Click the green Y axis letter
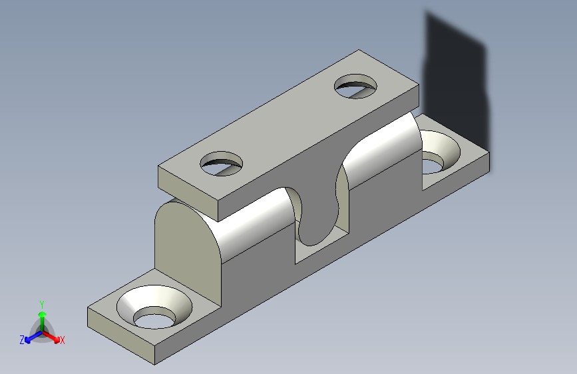(42, 304)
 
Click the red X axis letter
(62, 340)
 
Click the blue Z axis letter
(22, 340)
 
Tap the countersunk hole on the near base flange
(154, 307)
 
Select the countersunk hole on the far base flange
(440, 151)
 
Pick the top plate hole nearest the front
(222, 164)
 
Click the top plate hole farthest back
(355, 86)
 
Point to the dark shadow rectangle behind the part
(457, 81)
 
